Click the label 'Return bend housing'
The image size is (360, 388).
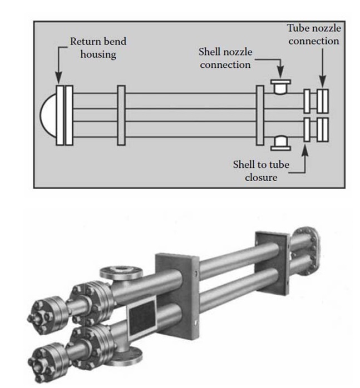(97, 48)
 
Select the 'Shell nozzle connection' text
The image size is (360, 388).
(225, 58)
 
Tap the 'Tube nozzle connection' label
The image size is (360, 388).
(313, 34)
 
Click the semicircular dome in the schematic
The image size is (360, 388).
(48, 115)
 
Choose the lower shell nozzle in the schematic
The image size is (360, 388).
(280, 143)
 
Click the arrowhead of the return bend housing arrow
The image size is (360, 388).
(59, 82)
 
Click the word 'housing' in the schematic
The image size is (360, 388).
(97, 55)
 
